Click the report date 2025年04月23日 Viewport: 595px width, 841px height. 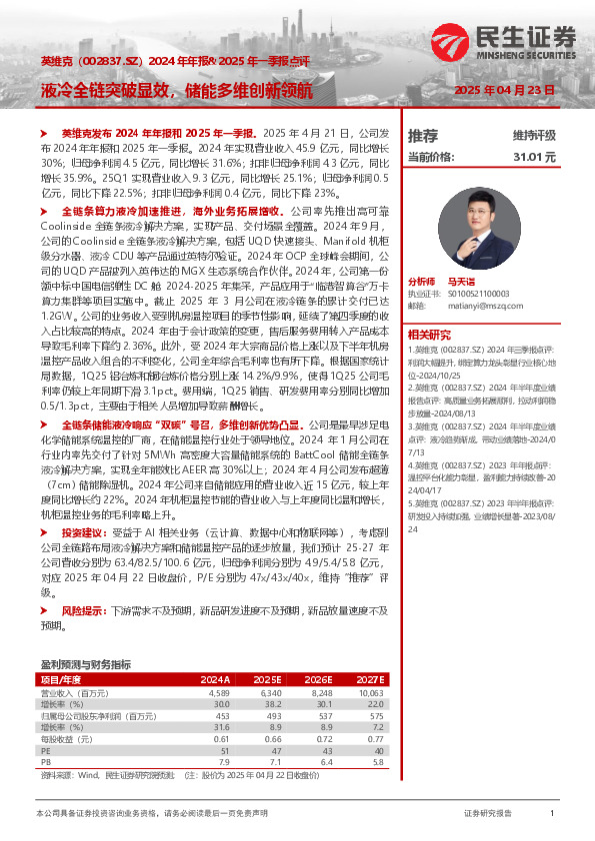click(504, 90)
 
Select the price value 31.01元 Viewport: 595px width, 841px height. click(534, 157)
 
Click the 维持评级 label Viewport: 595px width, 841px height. click(534, 135)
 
